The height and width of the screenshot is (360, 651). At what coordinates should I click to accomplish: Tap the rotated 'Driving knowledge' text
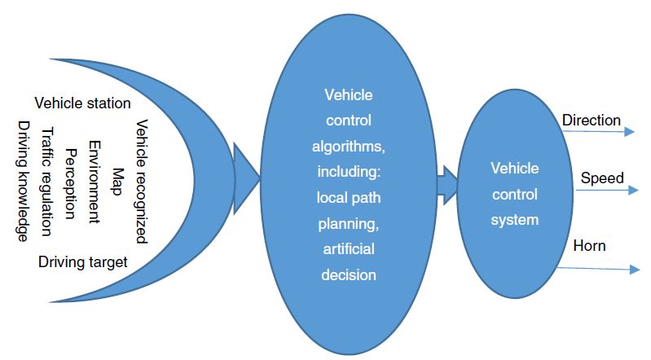24,181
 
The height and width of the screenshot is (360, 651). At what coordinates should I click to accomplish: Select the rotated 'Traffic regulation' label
46,182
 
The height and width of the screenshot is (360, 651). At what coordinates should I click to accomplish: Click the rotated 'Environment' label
94,182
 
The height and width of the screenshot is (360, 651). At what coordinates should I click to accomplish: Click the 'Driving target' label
83,261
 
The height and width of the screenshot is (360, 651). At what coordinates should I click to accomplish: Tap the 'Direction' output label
592,121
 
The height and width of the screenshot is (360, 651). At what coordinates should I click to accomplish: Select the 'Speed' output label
603,178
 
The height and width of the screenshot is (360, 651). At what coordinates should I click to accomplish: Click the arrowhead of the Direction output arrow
630,130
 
